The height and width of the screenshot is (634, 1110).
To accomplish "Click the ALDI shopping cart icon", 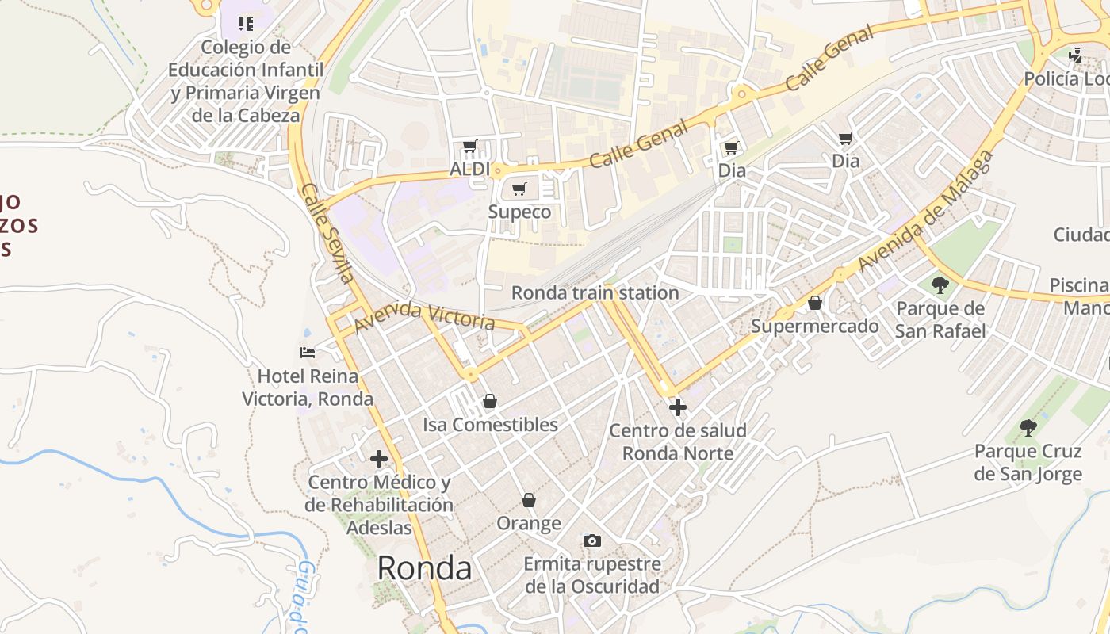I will coord(469,147).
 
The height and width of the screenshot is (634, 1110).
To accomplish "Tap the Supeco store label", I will coord(519,212).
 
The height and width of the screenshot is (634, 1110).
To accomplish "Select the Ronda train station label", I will coord(595,292).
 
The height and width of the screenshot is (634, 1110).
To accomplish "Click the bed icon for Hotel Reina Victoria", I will coord(308,352).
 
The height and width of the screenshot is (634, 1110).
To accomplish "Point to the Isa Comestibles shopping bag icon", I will coord(490,402).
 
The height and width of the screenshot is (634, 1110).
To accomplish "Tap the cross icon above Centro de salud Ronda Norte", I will coord(678,407).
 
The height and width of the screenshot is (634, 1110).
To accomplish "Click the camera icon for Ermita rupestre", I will coord(591,541).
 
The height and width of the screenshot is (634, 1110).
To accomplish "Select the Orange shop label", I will coord(529,523).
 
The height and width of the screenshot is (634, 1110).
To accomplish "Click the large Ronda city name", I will coord(424,567).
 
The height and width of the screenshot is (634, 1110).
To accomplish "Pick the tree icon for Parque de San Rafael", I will coord(940,285).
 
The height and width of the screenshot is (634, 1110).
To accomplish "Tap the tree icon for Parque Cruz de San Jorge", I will coord(1028,428).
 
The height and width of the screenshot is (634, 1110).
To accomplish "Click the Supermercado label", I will coord(815,326).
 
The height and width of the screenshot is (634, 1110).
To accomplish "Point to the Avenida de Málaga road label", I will coord(926,211).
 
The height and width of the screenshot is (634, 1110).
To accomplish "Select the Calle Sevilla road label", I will coord(327,234).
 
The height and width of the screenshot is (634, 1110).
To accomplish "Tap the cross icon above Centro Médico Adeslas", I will coord(379,458).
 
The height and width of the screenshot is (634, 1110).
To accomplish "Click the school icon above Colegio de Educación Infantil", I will coord(246,24).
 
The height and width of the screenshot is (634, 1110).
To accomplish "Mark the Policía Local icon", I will coord(1075,55).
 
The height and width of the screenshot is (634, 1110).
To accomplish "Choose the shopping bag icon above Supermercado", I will coord(815,303).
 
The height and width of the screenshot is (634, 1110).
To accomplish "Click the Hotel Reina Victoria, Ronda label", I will coord(308,387).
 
